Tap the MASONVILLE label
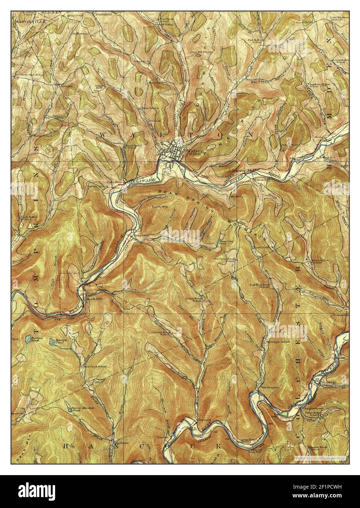(x=26, y=22)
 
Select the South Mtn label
(x=158, y=207)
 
